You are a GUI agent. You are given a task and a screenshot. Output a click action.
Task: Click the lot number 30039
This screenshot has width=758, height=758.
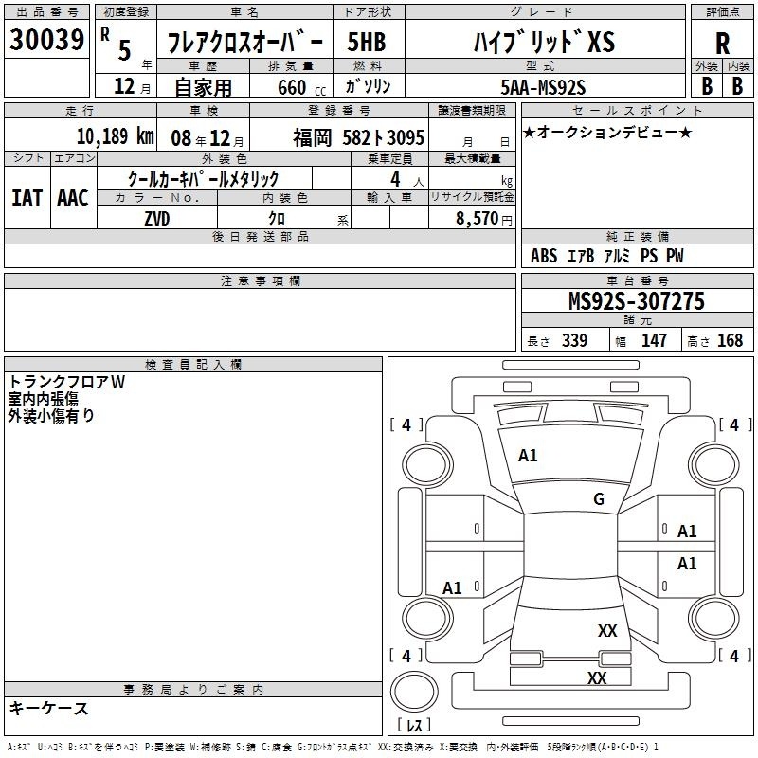pyautogui.click(x=46, y=40)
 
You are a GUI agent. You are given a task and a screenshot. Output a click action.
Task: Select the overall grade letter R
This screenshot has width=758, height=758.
pyautogui.click(x=722, y=44)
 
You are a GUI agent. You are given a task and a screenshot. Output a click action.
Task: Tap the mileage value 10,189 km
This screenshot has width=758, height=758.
pyautogui.click(x=115, y=136)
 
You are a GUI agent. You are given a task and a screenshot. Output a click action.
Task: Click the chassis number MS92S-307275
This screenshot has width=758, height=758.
pyautogui.click(x=637, y=301)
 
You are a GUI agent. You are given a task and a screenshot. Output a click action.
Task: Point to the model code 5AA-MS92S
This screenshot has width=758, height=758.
pyautogui.click(x=543, y=87)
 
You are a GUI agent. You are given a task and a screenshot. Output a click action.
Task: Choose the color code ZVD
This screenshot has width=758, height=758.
pyautogui.click(x=157, y=219)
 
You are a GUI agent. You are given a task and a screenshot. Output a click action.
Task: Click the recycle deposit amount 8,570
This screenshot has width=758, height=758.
pyautogui.click(x=478, y=218)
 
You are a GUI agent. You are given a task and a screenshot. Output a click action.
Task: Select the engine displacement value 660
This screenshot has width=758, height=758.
pyautogui.click(x=292, y=87)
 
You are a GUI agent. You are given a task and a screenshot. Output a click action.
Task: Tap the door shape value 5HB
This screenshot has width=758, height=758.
pyautogui.click(x=367, y=42)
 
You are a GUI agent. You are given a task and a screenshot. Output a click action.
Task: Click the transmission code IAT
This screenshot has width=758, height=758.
pyautogui.click(x=27, y=198)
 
